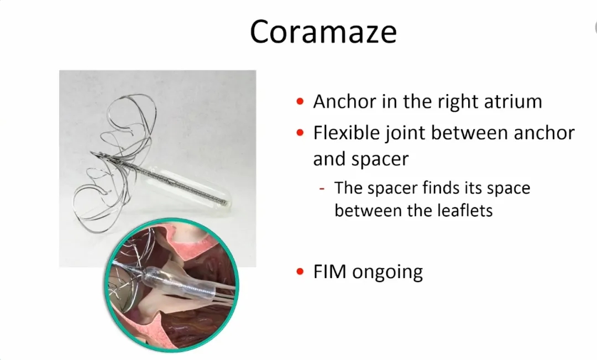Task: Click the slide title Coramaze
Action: tap(323, 31)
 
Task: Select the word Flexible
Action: tap(347, 133)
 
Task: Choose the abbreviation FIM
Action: tap(329, 272)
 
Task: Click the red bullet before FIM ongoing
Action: tap(300, 272)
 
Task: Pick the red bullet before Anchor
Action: tap(300, 101)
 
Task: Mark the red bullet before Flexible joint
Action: tap(300, 133)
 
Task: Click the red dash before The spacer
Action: tap(322, 188)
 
